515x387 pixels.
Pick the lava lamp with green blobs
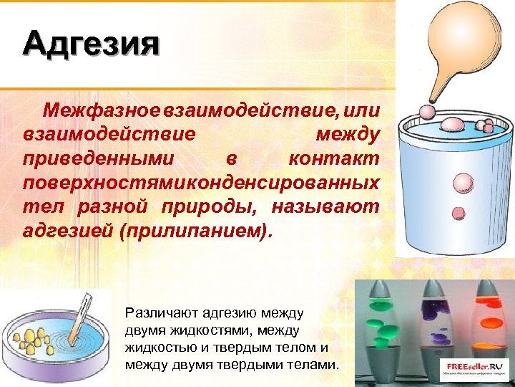coord(387,330)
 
